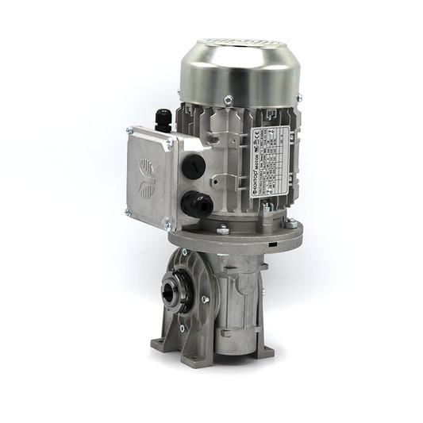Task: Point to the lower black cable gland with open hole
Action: (x=194, y=205)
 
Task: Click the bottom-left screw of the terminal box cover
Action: (x=128, y=212)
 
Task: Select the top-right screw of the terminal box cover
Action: (x=169, y=143)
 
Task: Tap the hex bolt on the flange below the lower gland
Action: (x=223, y=231)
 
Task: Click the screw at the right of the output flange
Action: (x=205, y=299)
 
